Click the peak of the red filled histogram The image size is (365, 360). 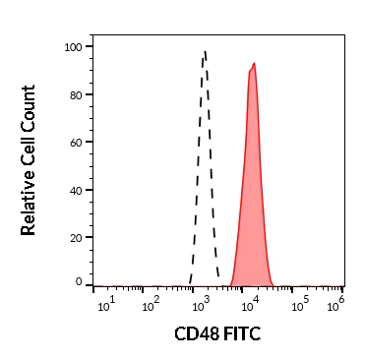tap(254, 64)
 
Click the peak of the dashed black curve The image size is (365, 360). tap(204, 52)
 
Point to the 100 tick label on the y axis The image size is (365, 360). tap(72, 47)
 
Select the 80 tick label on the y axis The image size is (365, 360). tap(75, 94)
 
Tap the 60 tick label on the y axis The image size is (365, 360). tap(75, 143)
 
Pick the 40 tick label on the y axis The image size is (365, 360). tap(75, 190)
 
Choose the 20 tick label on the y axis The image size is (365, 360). tap(75, 237)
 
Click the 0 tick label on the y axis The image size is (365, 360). tap(79, 283)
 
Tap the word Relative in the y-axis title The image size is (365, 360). tap(29, 201)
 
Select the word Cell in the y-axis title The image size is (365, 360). tap(29, 149)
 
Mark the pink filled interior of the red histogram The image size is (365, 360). tap(252, 197)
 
